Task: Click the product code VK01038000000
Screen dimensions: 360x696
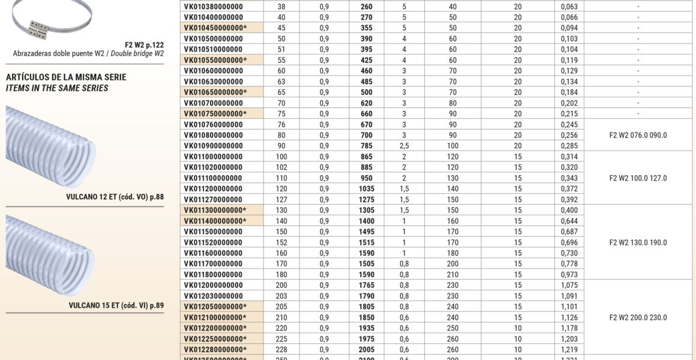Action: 213,7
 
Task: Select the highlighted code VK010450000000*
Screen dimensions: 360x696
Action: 215,28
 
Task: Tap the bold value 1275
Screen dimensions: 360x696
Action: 366,200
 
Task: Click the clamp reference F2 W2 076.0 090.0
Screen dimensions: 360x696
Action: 638,135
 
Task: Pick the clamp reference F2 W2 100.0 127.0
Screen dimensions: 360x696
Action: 638,178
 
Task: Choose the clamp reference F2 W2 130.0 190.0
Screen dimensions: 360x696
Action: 638,242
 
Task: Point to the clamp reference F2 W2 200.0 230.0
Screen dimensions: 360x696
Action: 638,317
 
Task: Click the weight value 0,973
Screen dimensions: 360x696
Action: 569,275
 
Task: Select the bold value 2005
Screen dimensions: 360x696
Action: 366,350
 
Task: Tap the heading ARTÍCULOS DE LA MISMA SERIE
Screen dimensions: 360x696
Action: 66,77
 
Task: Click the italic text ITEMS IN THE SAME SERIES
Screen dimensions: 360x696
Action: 57,88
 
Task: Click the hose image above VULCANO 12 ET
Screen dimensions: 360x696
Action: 52,147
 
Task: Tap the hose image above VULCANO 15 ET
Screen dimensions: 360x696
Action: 52,256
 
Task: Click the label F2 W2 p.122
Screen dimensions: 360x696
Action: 144,44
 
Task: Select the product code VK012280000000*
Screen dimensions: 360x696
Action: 215,350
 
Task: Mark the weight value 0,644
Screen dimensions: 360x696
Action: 569,221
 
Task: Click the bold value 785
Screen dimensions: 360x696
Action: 366,146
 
